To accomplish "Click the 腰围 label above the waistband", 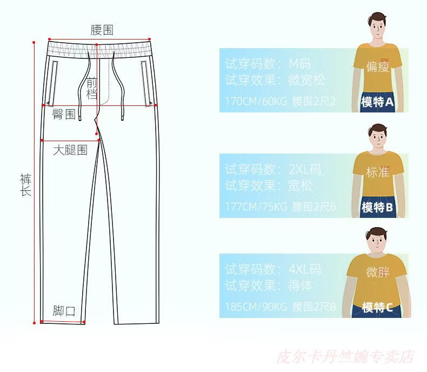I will [x=102, y=30].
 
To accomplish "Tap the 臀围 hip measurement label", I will [x=64, y=115].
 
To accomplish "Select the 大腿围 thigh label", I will [x=70, y=150].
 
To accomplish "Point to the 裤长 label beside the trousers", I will [x=25, y=184].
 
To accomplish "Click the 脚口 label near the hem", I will [x=64, y=311].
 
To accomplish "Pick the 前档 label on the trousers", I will [x=92, y=89].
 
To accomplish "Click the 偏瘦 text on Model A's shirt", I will [x=378, y=67].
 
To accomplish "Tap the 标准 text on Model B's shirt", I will [x=378, y=172].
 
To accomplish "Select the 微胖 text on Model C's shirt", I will [x=378, y=272].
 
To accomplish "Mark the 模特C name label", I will [x=377, y=308].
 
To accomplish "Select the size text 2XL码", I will [x=305, y=169].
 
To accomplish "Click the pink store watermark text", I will [x=345, y=357].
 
